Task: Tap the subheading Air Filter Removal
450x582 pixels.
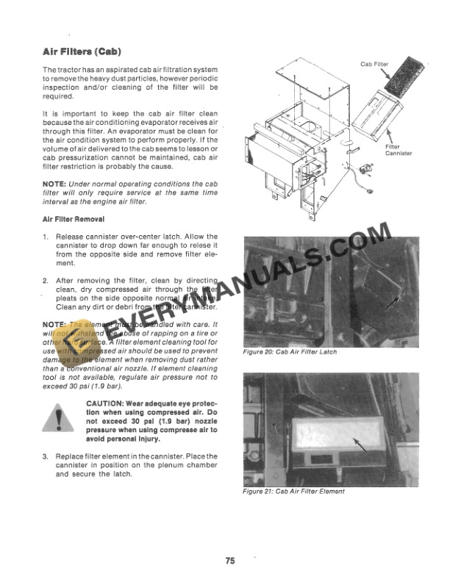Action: coord(74,219)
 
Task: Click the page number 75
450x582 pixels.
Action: coord(230,561)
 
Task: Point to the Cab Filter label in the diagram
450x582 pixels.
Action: coord(375,65)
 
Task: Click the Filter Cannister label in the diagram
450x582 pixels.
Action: coord(399,150)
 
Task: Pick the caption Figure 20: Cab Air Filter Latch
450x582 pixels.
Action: coord(289,352)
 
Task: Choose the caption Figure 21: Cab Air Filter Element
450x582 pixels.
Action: coord(293,491)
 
